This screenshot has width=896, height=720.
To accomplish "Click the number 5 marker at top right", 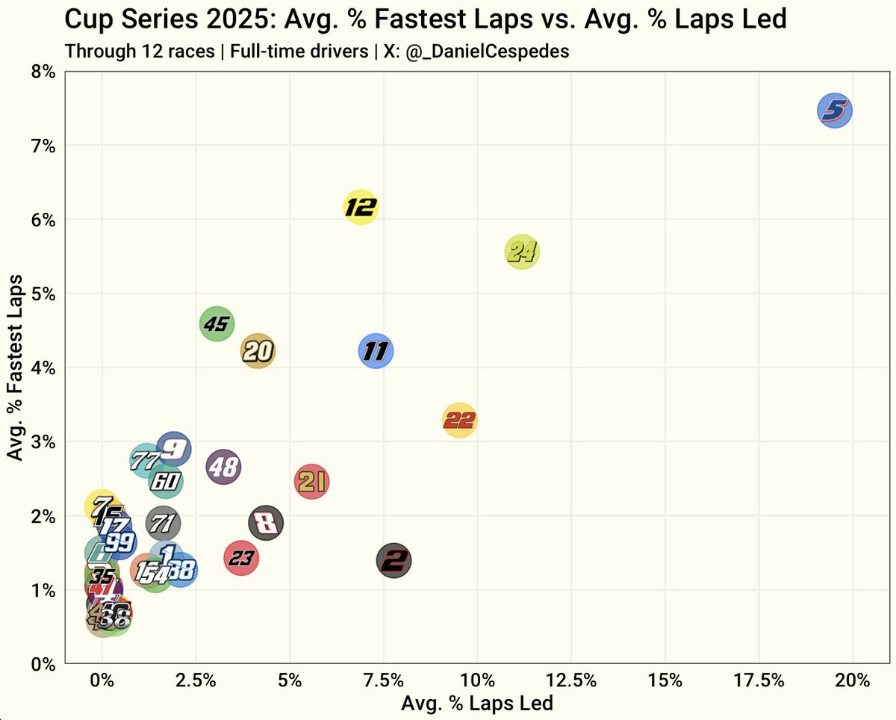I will click(835, 111).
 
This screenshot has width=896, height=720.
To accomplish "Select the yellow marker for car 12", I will click(361, 207).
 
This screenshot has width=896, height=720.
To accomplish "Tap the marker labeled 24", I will click(522, 252).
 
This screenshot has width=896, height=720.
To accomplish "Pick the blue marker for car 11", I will click(376, 351).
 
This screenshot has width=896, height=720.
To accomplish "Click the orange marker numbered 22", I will click(459, 420).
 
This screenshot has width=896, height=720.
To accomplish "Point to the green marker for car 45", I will click(217, 324).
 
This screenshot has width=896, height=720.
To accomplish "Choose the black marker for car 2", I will click(395, 560).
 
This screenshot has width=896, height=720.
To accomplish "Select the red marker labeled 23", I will click(241, 558).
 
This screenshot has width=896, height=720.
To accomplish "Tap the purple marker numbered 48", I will click(223, 468).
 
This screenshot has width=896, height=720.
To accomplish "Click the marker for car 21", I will click(312, 482).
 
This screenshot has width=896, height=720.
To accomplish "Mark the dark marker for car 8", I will click(266, 522).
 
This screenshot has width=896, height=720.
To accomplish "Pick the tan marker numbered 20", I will click(258, 351).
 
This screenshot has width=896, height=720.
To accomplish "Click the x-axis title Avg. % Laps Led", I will click(477, 704).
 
